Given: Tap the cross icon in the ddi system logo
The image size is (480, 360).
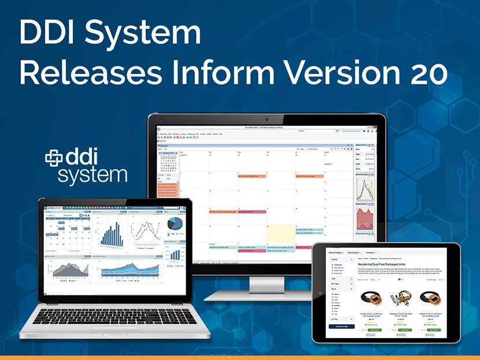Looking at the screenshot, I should [54, 157].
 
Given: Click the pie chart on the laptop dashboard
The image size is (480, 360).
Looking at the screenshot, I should [174, 223].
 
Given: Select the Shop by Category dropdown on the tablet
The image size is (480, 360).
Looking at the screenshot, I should [338, 253].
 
